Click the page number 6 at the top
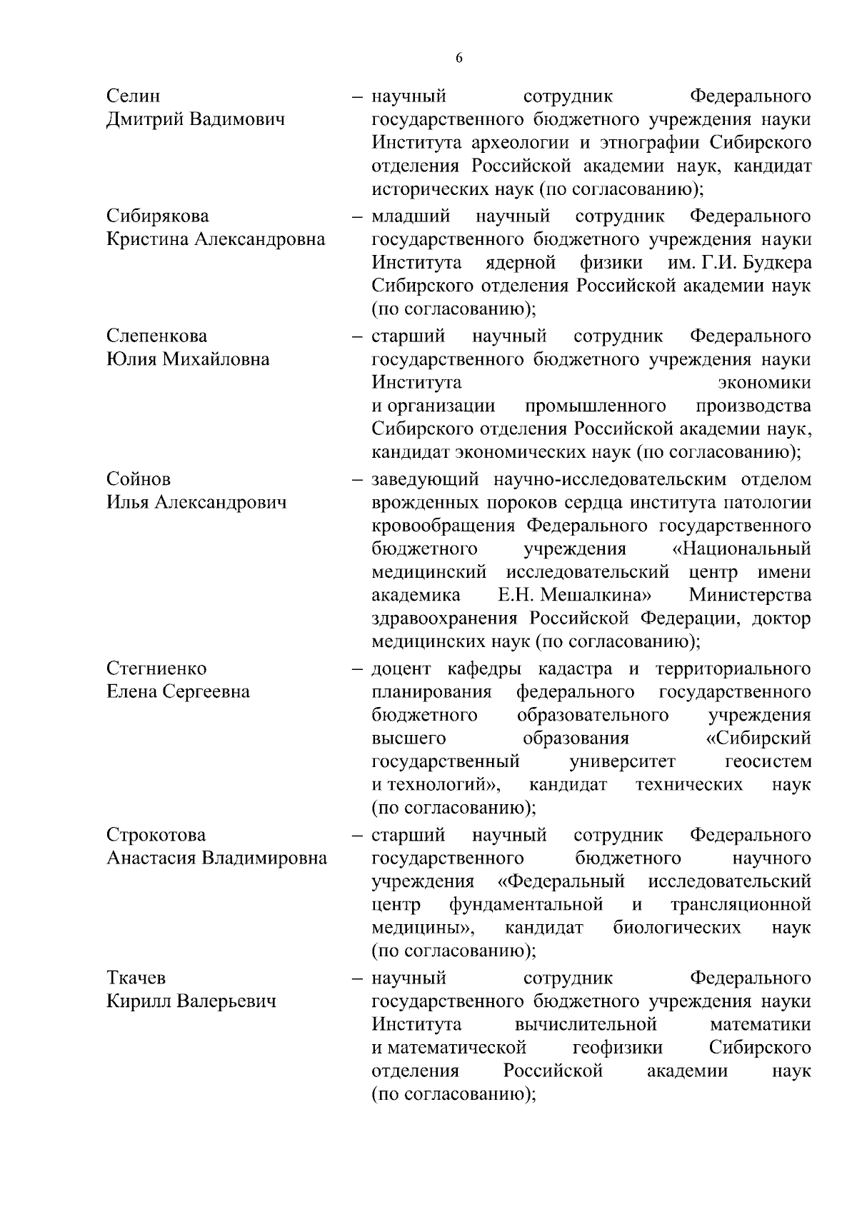[458, 59]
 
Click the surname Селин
[134, 96]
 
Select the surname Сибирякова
[158, 216]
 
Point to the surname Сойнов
[139, 479]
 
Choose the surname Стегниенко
[156, 668]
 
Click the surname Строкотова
[156, 834]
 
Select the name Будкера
[775, 263]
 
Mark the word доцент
[401, 668]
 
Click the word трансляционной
[741, 904]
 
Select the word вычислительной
[585, 1024]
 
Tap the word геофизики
[617, 1047]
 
